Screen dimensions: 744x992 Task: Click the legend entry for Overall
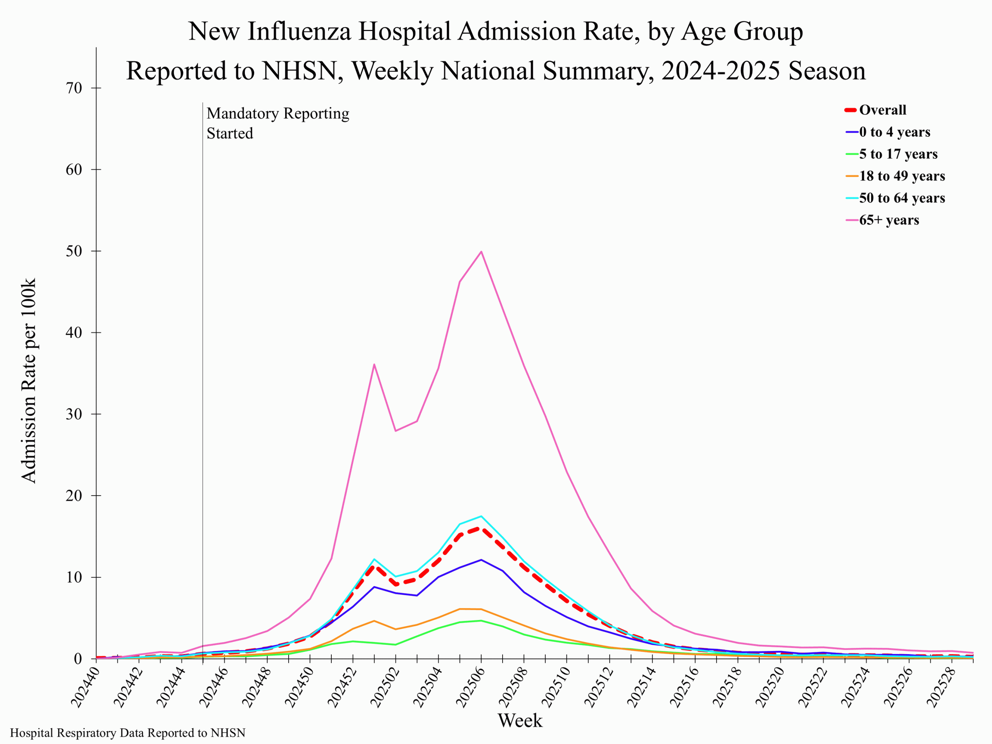pos(882,110)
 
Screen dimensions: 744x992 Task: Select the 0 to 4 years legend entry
pos(894,132)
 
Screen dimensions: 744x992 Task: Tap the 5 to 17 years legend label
pos(898,154)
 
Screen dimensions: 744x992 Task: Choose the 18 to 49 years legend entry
pos(901,176)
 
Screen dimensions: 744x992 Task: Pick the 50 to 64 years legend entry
pos(901,198)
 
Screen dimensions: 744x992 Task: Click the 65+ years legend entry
pos(889,220)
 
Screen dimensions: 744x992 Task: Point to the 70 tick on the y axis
pos(74,88)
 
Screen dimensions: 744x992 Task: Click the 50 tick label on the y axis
pos(74,251)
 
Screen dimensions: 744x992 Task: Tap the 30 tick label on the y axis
pos(74,414)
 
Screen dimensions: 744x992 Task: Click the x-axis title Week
pos(520,721)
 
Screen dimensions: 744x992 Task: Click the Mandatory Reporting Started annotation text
pos(277,123)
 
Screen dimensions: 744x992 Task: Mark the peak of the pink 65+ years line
pos(481,251)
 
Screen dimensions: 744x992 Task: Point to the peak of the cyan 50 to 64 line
pos(481,516)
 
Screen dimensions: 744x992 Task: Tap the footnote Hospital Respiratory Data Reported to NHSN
pos(128,733)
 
